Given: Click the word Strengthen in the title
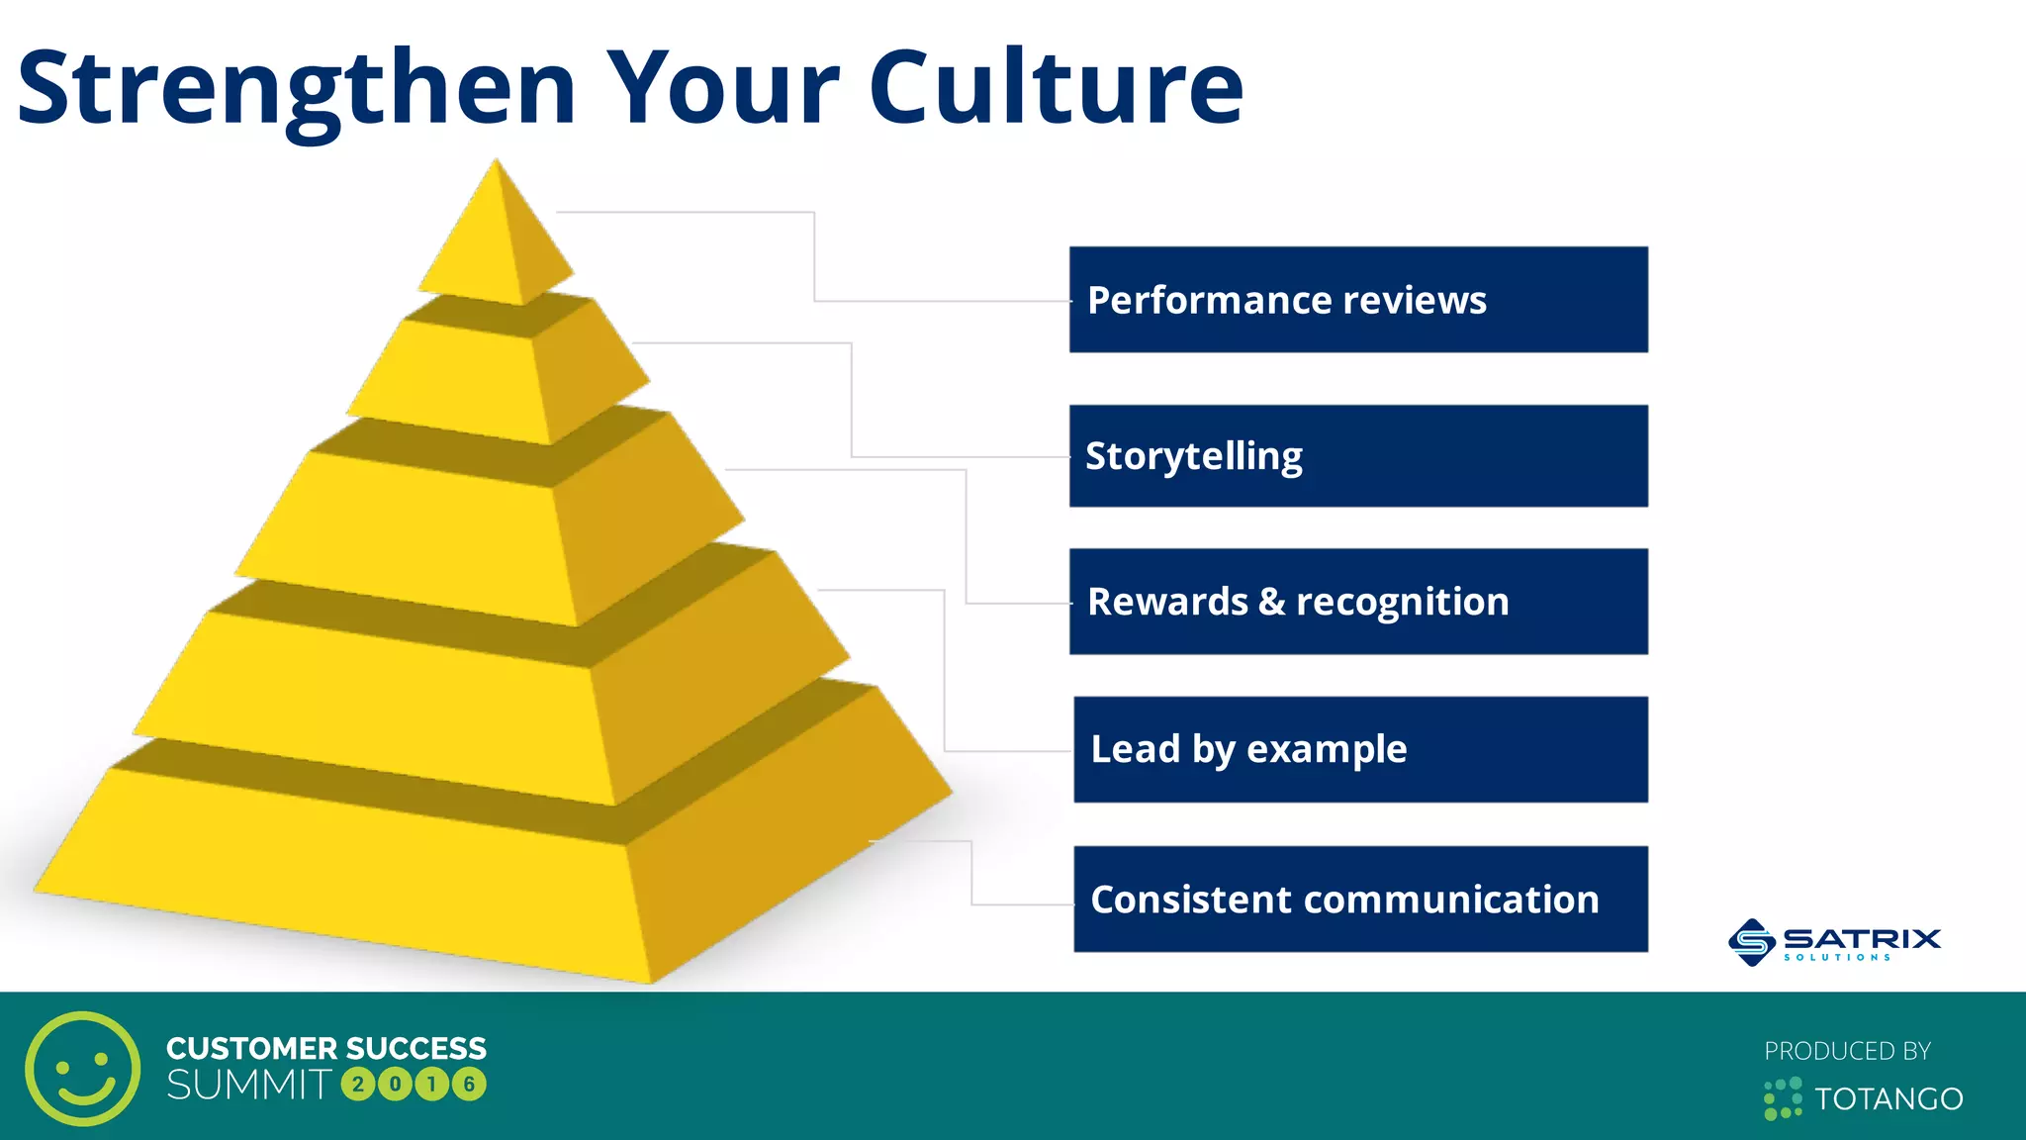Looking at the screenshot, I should (x=297, y=89).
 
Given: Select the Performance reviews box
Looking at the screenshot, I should (x=1358, y=300).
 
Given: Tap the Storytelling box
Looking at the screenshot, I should (x=1358, y=456).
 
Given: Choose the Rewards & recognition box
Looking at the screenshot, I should (x=1358, y=602).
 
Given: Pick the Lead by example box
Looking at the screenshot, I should (x=1360, y=749).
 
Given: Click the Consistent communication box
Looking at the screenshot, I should (x=1360, y=899).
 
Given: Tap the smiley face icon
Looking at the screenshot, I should (x=83, y=1069).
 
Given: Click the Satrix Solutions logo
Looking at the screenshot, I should (x=1835, y=941).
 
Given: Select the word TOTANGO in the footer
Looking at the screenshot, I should (x=1888, y=1099).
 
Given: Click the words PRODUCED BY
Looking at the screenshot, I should (x=1847, y=1051).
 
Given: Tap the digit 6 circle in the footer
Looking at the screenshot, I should (x=469, y=1085).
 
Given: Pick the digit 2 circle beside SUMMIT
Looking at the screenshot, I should (x=358, y=1085).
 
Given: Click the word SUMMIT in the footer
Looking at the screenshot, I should (x=248, y=1085).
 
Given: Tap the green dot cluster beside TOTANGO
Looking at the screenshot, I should (x=1783, y=1099).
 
